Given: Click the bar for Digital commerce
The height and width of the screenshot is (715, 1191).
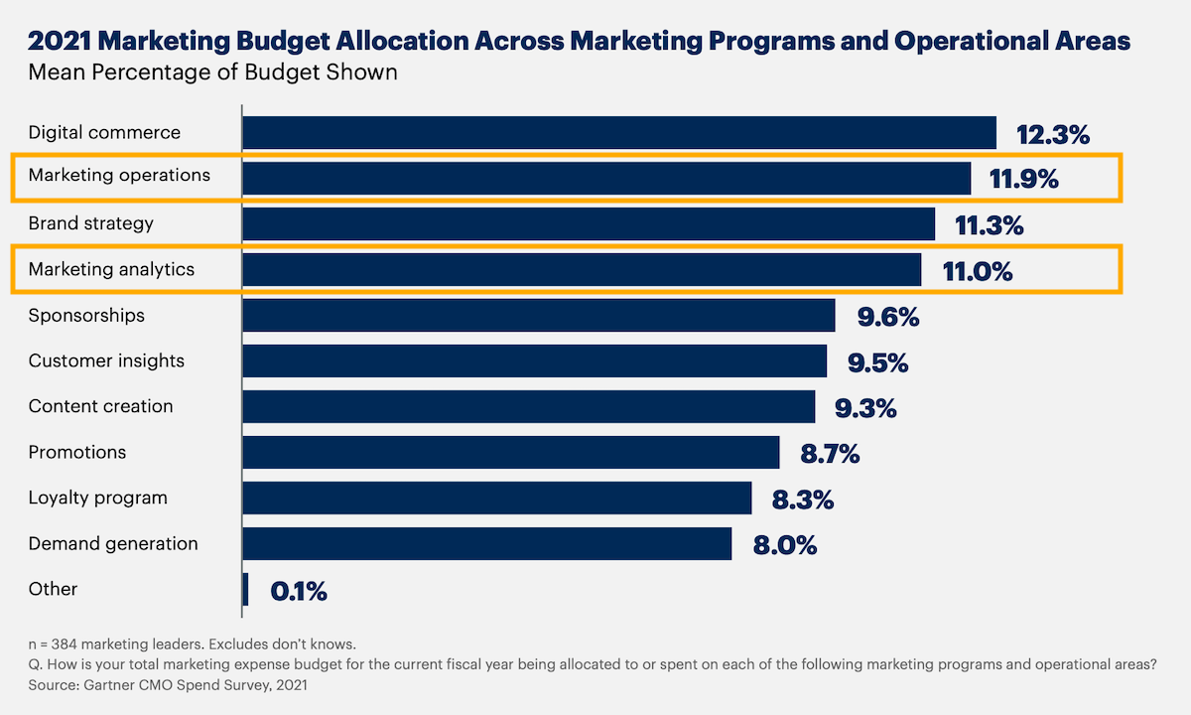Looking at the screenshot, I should (618, 133).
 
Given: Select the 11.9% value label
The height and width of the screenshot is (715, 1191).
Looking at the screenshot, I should (1023, 180).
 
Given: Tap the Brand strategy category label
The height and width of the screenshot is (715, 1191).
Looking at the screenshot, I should (91, 223).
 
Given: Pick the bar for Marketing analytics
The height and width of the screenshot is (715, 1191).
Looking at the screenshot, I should (581, 270).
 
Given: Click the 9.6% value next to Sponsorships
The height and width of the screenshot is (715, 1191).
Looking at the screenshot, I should (888, 317).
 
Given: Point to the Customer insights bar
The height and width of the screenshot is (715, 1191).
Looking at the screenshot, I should (534, 361).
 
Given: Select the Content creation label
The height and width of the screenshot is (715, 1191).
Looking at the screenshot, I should (100, 406).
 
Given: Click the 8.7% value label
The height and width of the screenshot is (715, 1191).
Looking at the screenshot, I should (830, 455).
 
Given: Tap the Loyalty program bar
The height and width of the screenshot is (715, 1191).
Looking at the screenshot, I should (496, 499).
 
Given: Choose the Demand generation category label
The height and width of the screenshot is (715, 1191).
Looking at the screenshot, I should (113, 544).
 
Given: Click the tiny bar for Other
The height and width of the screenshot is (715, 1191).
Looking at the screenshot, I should (245, 589).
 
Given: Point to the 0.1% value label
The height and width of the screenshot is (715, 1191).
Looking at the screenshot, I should (299, 592).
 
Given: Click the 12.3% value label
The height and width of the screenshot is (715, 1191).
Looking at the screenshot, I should (1053, 134).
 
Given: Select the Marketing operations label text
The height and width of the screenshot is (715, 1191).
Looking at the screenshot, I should (119, 176).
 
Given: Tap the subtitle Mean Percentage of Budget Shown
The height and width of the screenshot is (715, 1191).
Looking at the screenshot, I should (212, 72).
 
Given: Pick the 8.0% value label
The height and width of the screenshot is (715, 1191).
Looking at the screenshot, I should (783, 545).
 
